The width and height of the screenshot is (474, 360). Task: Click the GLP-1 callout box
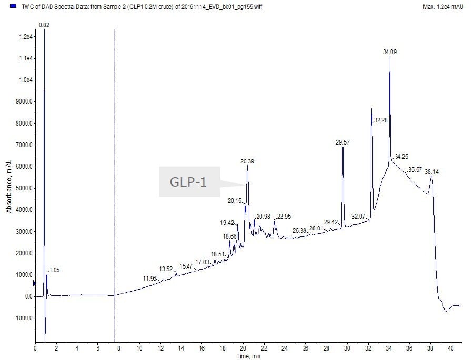[x=188, y=182]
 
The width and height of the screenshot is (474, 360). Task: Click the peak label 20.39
[x=248, y=161]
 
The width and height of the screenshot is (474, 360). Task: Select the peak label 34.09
[x=390, y=52]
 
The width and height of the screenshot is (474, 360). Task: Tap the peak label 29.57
[x=342, y=142]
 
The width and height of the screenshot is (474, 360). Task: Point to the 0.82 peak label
[x=45, y=25]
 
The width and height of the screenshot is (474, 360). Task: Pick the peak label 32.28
[x=380, y=120]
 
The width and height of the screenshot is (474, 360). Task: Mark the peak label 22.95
[x=284, y=216]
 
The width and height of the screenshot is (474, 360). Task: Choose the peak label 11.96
[x=149, y=278]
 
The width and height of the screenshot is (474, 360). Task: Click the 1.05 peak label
[x=54, y=270]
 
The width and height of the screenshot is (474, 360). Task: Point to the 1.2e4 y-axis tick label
[x=26, y=37]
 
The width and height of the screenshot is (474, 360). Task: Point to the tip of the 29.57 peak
[x=343, y=147]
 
